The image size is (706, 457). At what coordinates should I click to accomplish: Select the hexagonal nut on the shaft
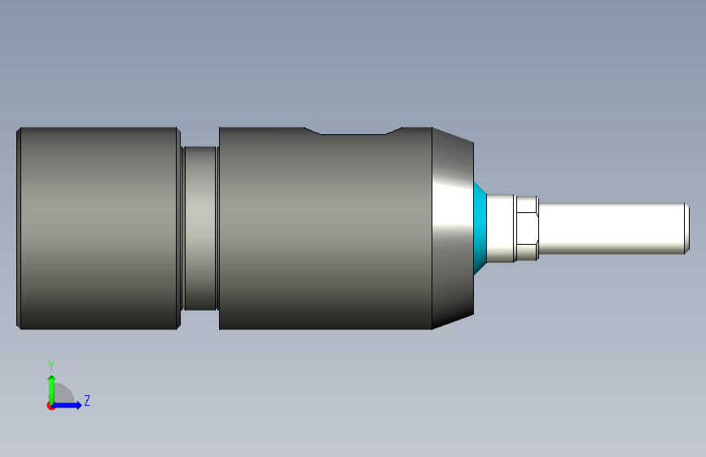527,228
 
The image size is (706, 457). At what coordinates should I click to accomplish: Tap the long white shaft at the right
612,228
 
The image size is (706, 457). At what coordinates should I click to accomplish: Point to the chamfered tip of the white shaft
687,228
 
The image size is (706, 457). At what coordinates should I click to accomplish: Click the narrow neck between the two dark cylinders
200,228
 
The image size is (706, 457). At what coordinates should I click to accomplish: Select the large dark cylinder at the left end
99,228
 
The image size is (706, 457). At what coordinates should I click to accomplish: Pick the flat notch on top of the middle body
353,132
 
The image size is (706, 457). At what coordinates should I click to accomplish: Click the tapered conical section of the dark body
453,228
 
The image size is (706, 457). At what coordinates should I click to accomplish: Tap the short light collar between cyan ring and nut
500,228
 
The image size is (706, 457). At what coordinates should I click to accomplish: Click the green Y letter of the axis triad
51,366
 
